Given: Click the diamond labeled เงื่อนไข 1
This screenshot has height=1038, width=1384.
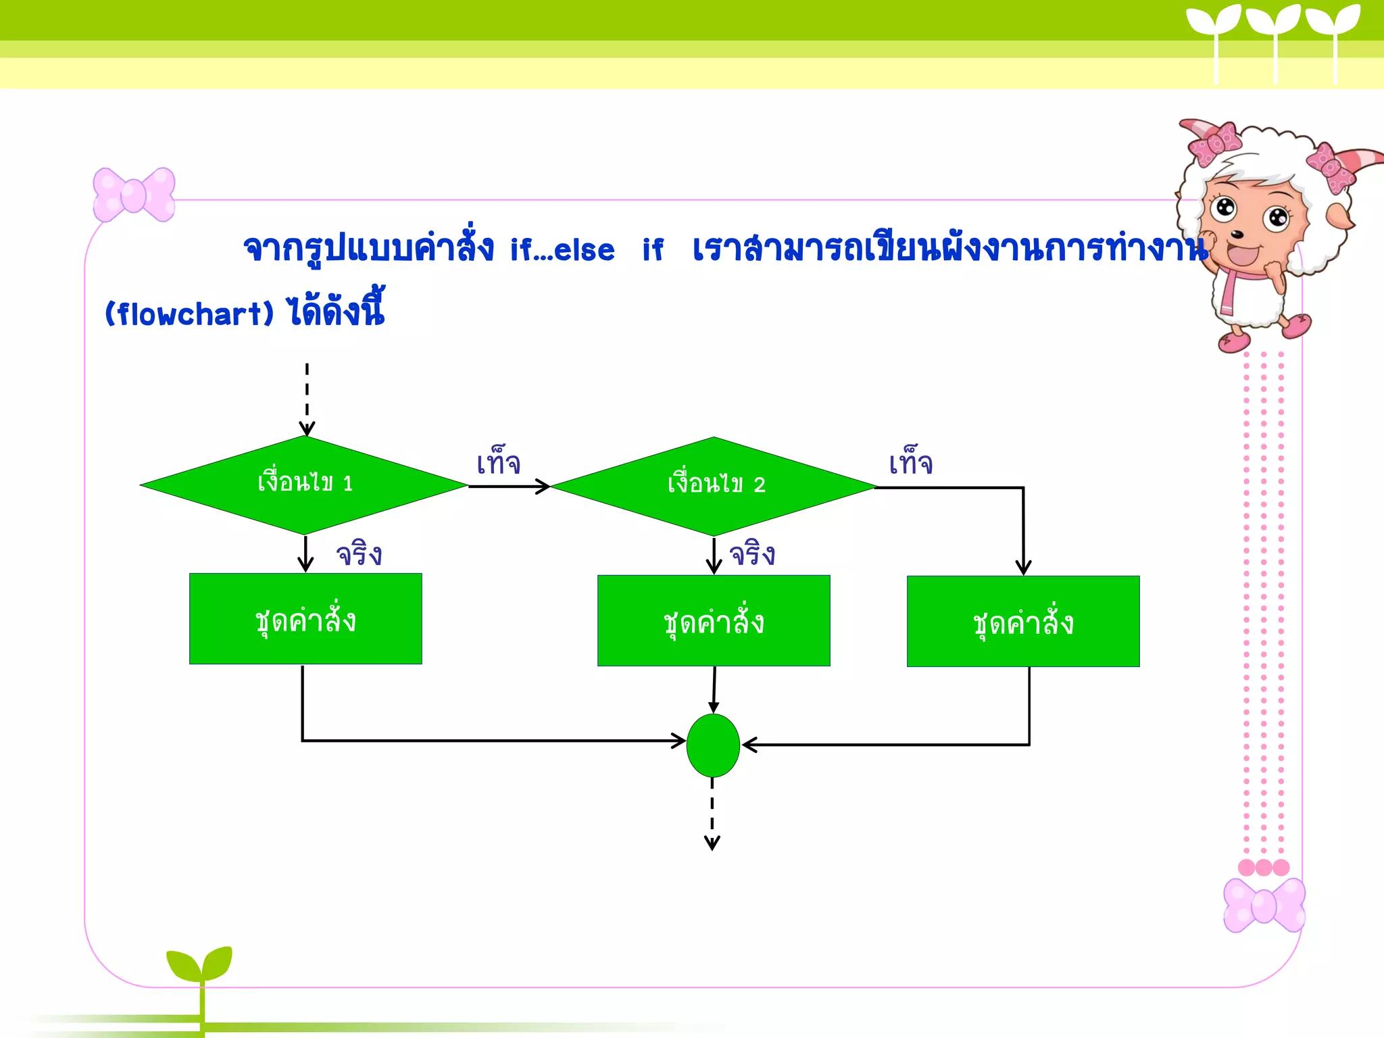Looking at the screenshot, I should point(304,485).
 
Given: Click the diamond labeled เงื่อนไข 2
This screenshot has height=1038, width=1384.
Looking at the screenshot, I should point(714,486).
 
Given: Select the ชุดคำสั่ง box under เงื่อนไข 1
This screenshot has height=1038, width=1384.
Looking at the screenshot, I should point(305,619).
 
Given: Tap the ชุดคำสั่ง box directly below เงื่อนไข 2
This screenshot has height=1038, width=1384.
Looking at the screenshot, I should point(714,620).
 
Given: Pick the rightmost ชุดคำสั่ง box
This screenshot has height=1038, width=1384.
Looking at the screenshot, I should point(1023,622).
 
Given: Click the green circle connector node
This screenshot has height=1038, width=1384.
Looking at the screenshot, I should point(713,745).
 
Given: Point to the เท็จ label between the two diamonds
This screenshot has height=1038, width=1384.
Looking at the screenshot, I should point(499,463).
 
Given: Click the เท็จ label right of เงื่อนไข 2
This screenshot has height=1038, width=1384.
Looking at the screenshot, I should point(911,463).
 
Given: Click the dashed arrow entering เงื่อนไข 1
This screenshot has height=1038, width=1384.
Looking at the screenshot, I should point(307,399).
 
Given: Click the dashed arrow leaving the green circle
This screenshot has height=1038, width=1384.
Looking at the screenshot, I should point(712,814).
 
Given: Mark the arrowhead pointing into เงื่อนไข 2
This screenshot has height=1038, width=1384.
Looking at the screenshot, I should point(543,487).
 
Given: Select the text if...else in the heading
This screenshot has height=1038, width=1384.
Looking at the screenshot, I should point(562,250).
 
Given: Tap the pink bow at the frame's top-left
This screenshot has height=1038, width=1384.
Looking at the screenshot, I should point(134,195).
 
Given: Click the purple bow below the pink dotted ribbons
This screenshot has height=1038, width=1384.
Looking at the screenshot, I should point(1264,906).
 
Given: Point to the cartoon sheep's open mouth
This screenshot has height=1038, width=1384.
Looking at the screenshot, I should point(1242,256).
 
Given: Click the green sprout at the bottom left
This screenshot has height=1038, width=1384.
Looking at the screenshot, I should point(200,966).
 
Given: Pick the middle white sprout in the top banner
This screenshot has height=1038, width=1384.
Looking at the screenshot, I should point(1274,27).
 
